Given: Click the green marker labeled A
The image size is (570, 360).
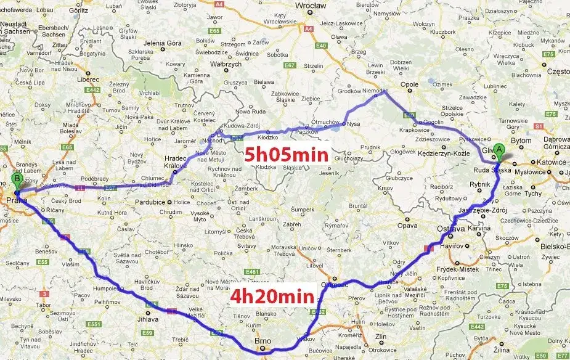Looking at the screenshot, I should [499, 149].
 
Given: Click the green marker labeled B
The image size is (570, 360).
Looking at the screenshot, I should [17, 179].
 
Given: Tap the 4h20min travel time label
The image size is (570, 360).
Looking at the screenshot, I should [272, 296].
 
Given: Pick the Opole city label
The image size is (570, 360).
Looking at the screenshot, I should [409, 85].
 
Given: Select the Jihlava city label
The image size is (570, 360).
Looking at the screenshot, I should [148, 319].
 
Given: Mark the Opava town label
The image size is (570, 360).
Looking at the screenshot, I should [407, 226].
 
